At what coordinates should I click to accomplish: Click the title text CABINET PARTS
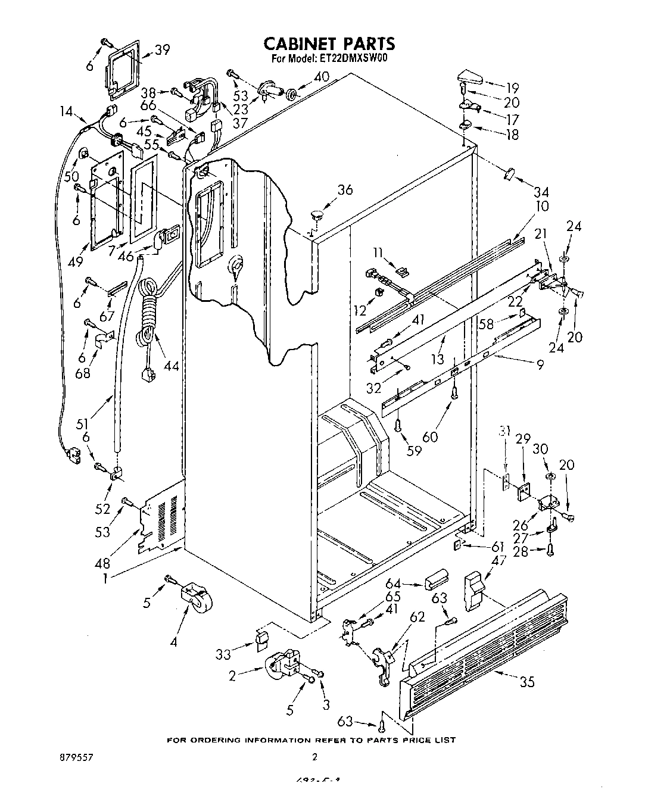[329, 43]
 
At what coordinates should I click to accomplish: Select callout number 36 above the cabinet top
[345, 190]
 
